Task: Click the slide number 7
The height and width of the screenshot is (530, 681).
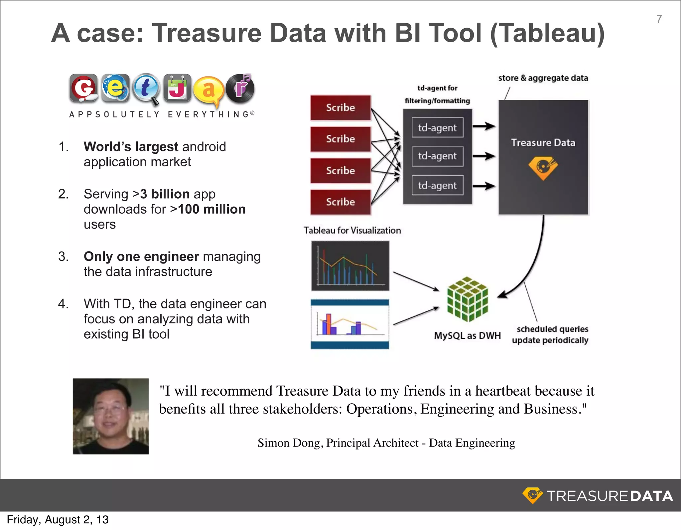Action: [659, 19]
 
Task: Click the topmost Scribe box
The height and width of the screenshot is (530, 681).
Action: [340, 108]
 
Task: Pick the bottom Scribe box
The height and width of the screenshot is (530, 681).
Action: [340, 202]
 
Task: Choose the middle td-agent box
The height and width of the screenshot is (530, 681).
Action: [437, 156]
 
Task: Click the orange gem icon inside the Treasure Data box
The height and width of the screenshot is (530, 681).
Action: [543, 167]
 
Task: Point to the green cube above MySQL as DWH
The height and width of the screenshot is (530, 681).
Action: [467, 299]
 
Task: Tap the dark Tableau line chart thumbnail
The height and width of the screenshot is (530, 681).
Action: [350, 265]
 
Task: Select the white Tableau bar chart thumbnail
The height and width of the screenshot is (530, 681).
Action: [350, 324]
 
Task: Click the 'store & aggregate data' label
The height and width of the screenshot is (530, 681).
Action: [543, 78]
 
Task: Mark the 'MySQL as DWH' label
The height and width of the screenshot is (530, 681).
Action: [467, 336]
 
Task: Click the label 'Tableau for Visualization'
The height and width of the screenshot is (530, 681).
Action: [352, 230]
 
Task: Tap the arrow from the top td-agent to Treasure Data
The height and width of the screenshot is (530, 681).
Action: [484, 126]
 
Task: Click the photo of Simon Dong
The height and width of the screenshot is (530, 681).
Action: [111, 416]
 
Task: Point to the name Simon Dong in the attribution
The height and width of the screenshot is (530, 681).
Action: [289, 443]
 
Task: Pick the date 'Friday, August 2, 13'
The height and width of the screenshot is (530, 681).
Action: [58, 520]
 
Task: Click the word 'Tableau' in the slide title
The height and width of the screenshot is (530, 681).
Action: [547, 33]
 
